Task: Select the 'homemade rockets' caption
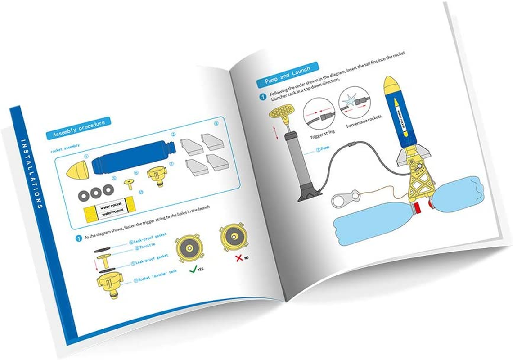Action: click(x=364, y=123)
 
